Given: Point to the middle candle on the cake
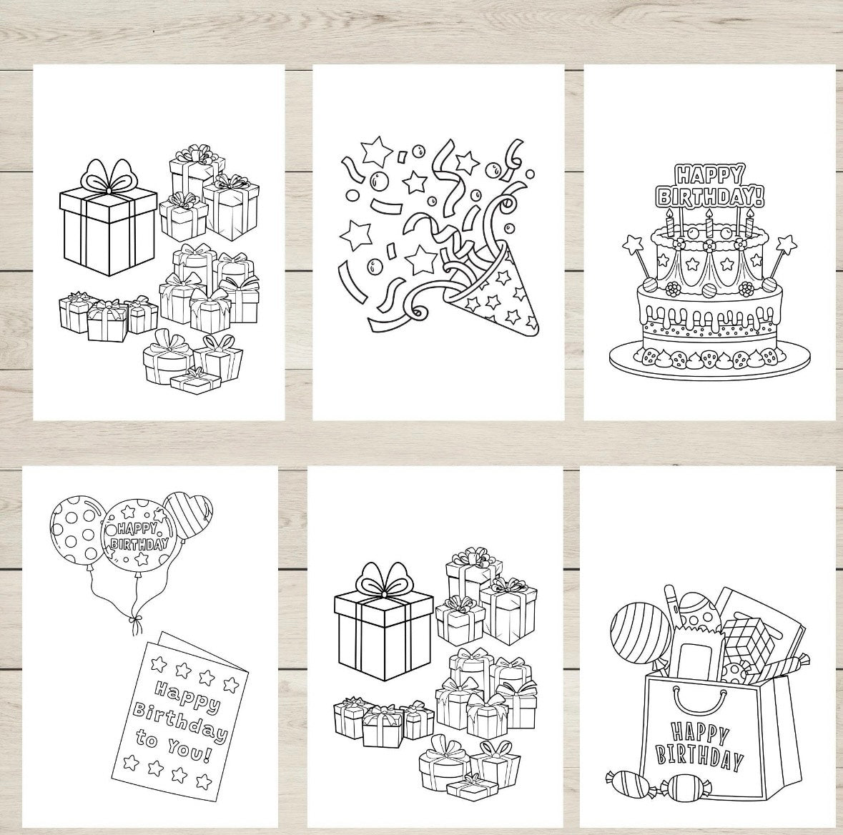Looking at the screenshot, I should tap(709, 224).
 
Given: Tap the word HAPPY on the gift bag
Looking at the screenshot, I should tap(700, 733).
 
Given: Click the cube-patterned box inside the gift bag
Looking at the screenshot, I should tap(748, 638).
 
